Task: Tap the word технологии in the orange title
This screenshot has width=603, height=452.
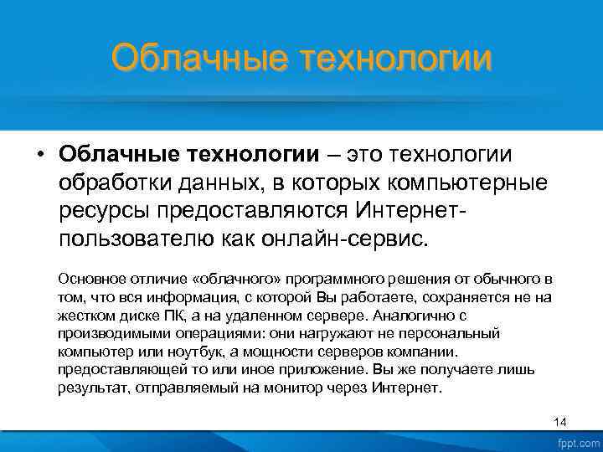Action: [396, 59]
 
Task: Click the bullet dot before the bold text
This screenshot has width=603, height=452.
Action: [40, 155]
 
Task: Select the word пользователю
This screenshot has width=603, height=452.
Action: [137, 237]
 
